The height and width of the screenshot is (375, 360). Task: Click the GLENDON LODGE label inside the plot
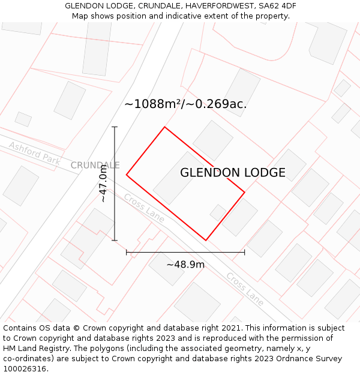coord(233,173)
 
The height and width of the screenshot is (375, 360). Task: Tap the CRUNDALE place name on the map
coord(95,165)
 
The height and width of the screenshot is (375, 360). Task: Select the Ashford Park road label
coord(35,153)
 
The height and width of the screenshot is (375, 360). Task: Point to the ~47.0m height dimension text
coord(103,184)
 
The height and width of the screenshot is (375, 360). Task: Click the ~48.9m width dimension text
coord(185,265)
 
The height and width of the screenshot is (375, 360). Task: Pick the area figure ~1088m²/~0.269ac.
coord(185,104)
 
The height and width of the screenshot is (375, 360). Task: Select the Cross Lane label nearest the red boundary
coord(144,208)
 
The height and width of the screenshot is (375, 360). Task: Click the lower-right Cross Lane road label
coord(245,289)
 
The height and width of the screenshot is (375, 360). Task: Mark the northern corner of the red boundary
coord(164,127)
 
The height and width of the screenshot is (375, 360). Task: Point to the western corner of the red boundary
coord(127,175)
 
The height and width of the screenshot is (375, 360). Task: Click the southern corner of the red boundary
coord(206,241)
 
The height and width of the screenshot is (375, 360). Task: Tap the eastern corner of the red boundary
coord(245,193)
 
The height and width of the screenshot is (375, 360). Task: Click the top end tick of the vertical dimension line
coord(115,127)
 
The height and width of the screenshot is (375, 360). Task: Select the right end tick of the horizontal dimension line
coord(245,252)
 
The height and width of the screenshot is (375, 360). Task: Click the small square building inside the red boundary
coord(218,212)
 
